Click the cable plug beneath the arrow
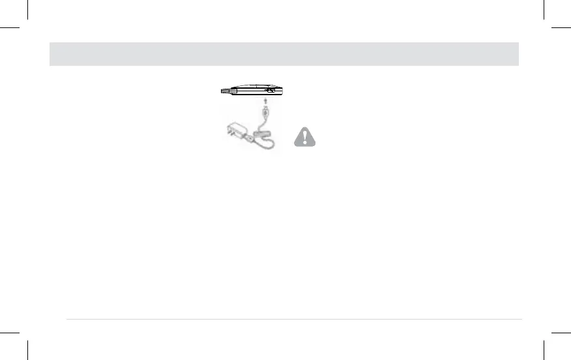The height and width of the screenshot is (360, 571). (265, 113)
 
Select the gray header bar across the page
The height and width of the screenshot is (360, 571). (284, 54)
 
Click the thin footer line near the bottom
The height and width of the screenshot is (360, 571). (293, 319)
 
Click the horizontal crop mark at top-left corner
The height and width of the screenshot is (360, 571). (10, 28)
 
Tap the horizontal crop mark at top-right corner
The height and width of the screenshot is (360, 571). (561, 28)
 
